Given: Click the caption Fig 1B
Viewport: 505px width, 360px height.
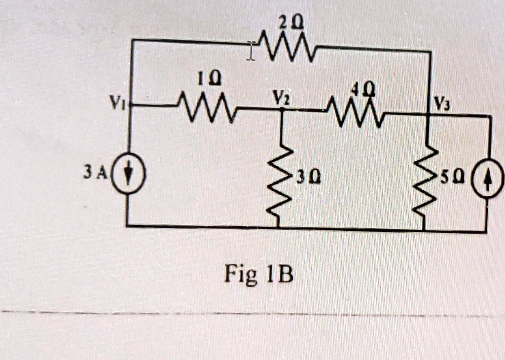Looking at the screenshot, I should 258,274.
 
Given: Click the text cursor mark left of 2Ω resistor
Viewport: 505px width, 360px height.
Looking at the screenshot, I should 251,51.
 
